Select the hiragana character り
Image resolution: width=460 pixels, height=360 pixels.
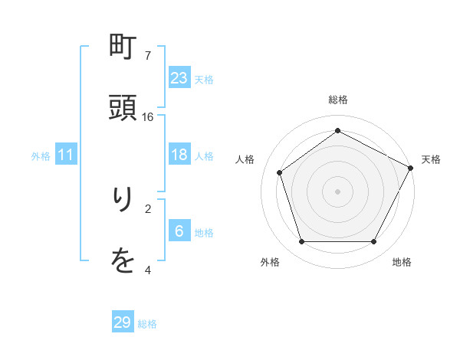[123, 201]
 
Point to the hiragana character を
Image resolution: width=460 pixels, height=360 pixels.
[123, 262]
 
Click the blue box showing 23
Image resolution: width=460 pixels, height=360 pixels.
[179, 77]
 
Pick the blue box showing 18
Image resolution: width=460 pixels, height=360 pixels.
[179, 155]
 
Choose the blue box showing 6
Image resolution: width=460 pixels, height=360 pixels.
[179, 231]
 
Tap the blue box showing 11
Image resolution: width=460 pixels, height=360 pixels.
[66, 155]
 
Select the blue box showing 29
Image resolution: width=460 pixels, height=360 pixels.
[123, 322]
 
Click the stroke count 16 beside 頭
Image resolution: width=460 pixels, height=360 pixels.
[148, 117]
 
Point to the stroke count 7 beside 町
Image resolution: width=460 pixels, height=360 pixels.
[148, 56]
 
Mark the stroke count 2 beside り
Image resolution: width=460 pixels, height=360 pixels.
[148, 208]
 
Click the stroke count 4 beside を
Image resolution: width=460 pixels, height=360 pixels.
[148, 270]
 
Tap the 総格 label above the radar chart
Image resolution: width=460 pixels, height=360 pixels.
[338, 100]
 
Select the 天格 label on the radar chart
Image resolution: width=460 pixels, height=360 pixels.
[431, 159]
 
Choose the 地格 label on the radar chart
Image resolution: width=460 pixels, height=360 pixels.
[402, 262]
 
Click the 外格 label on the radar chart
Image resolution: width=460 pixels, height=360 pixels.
[270, 262]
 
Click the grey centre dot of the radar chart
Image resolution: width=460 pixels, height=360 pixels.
[338, 191]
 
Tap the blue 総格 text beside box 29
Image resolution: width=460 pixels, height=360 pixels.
[147, 324]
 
